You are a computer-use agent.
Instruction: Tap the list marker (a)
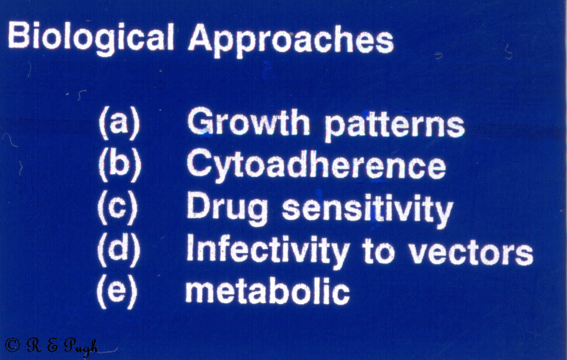[x=119, y=124]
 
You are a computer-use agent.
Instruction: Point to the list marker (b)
[x=119, y=166]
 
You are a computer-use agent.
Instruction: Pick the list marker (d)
[x=118, y=250]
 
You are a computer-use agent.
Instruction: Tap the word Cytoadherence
[x=316, y=167]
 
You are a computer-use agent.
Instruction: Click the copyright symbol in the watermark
[x=12, y=344]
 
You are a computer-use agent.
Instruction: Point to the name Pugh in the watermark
[x=81, y=346]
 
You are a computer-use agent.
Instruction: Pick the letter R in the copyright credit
[x=34, y=344]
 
